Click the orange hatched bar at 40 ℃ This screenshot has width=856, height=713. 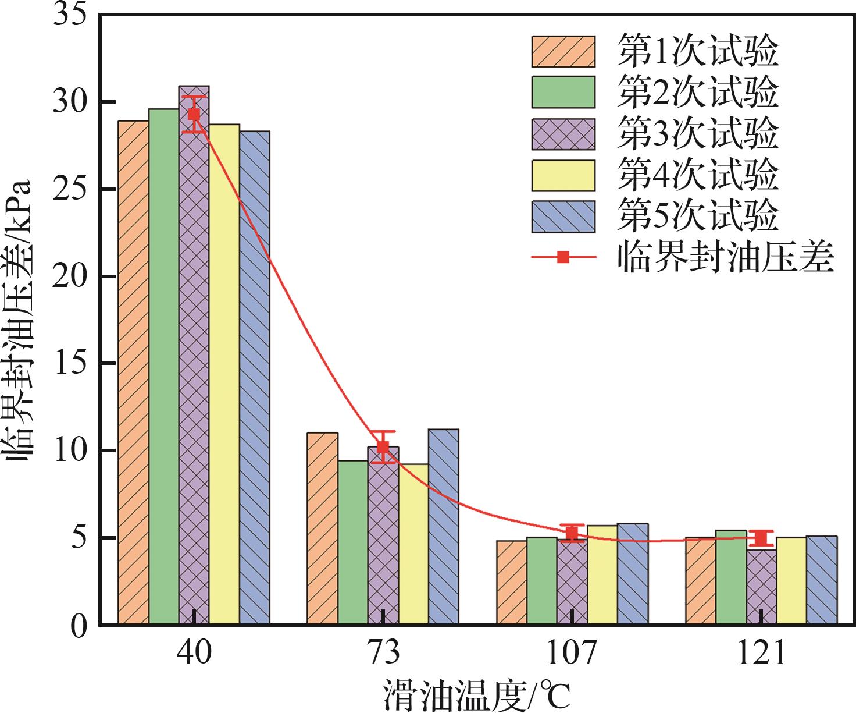(133, 373)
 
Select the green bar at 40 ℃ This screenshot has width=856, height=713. (163, 367)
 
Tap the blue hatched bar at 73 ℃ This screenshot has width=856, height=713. (443, 527)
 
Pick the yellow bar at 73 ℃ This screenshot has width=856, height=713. (413, 544)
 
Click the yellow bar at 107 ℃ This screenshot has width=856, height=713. (602, 575)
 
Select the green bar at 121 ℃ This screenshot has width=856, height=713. (730, 577)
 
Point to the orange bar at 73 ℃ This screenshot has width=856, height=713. (322, 528)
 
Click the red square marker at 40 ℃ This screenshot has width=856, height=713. (194, 115)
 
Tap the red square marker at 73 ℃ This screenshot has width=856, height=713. (383, 447)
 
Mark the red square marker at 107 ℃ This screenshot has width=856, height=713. (572, 533)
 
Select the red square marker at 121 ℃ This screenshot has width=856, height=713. (761, 538)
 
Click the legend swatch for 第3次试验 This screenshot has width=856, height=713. (563, 134)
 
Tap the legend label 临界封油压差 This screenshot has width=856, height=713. (726, 257)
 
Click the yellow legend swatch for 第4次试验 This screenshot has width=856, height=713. (563, 175)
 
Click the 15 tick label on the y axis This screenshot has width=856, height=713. (70, 364)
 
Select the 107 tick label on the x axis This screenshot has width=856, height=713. (572, 653)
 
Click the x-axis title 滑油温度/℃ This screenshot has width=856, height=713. (476, 695)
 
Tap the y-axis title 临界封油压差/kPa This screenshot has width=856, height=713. (20, 320)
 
